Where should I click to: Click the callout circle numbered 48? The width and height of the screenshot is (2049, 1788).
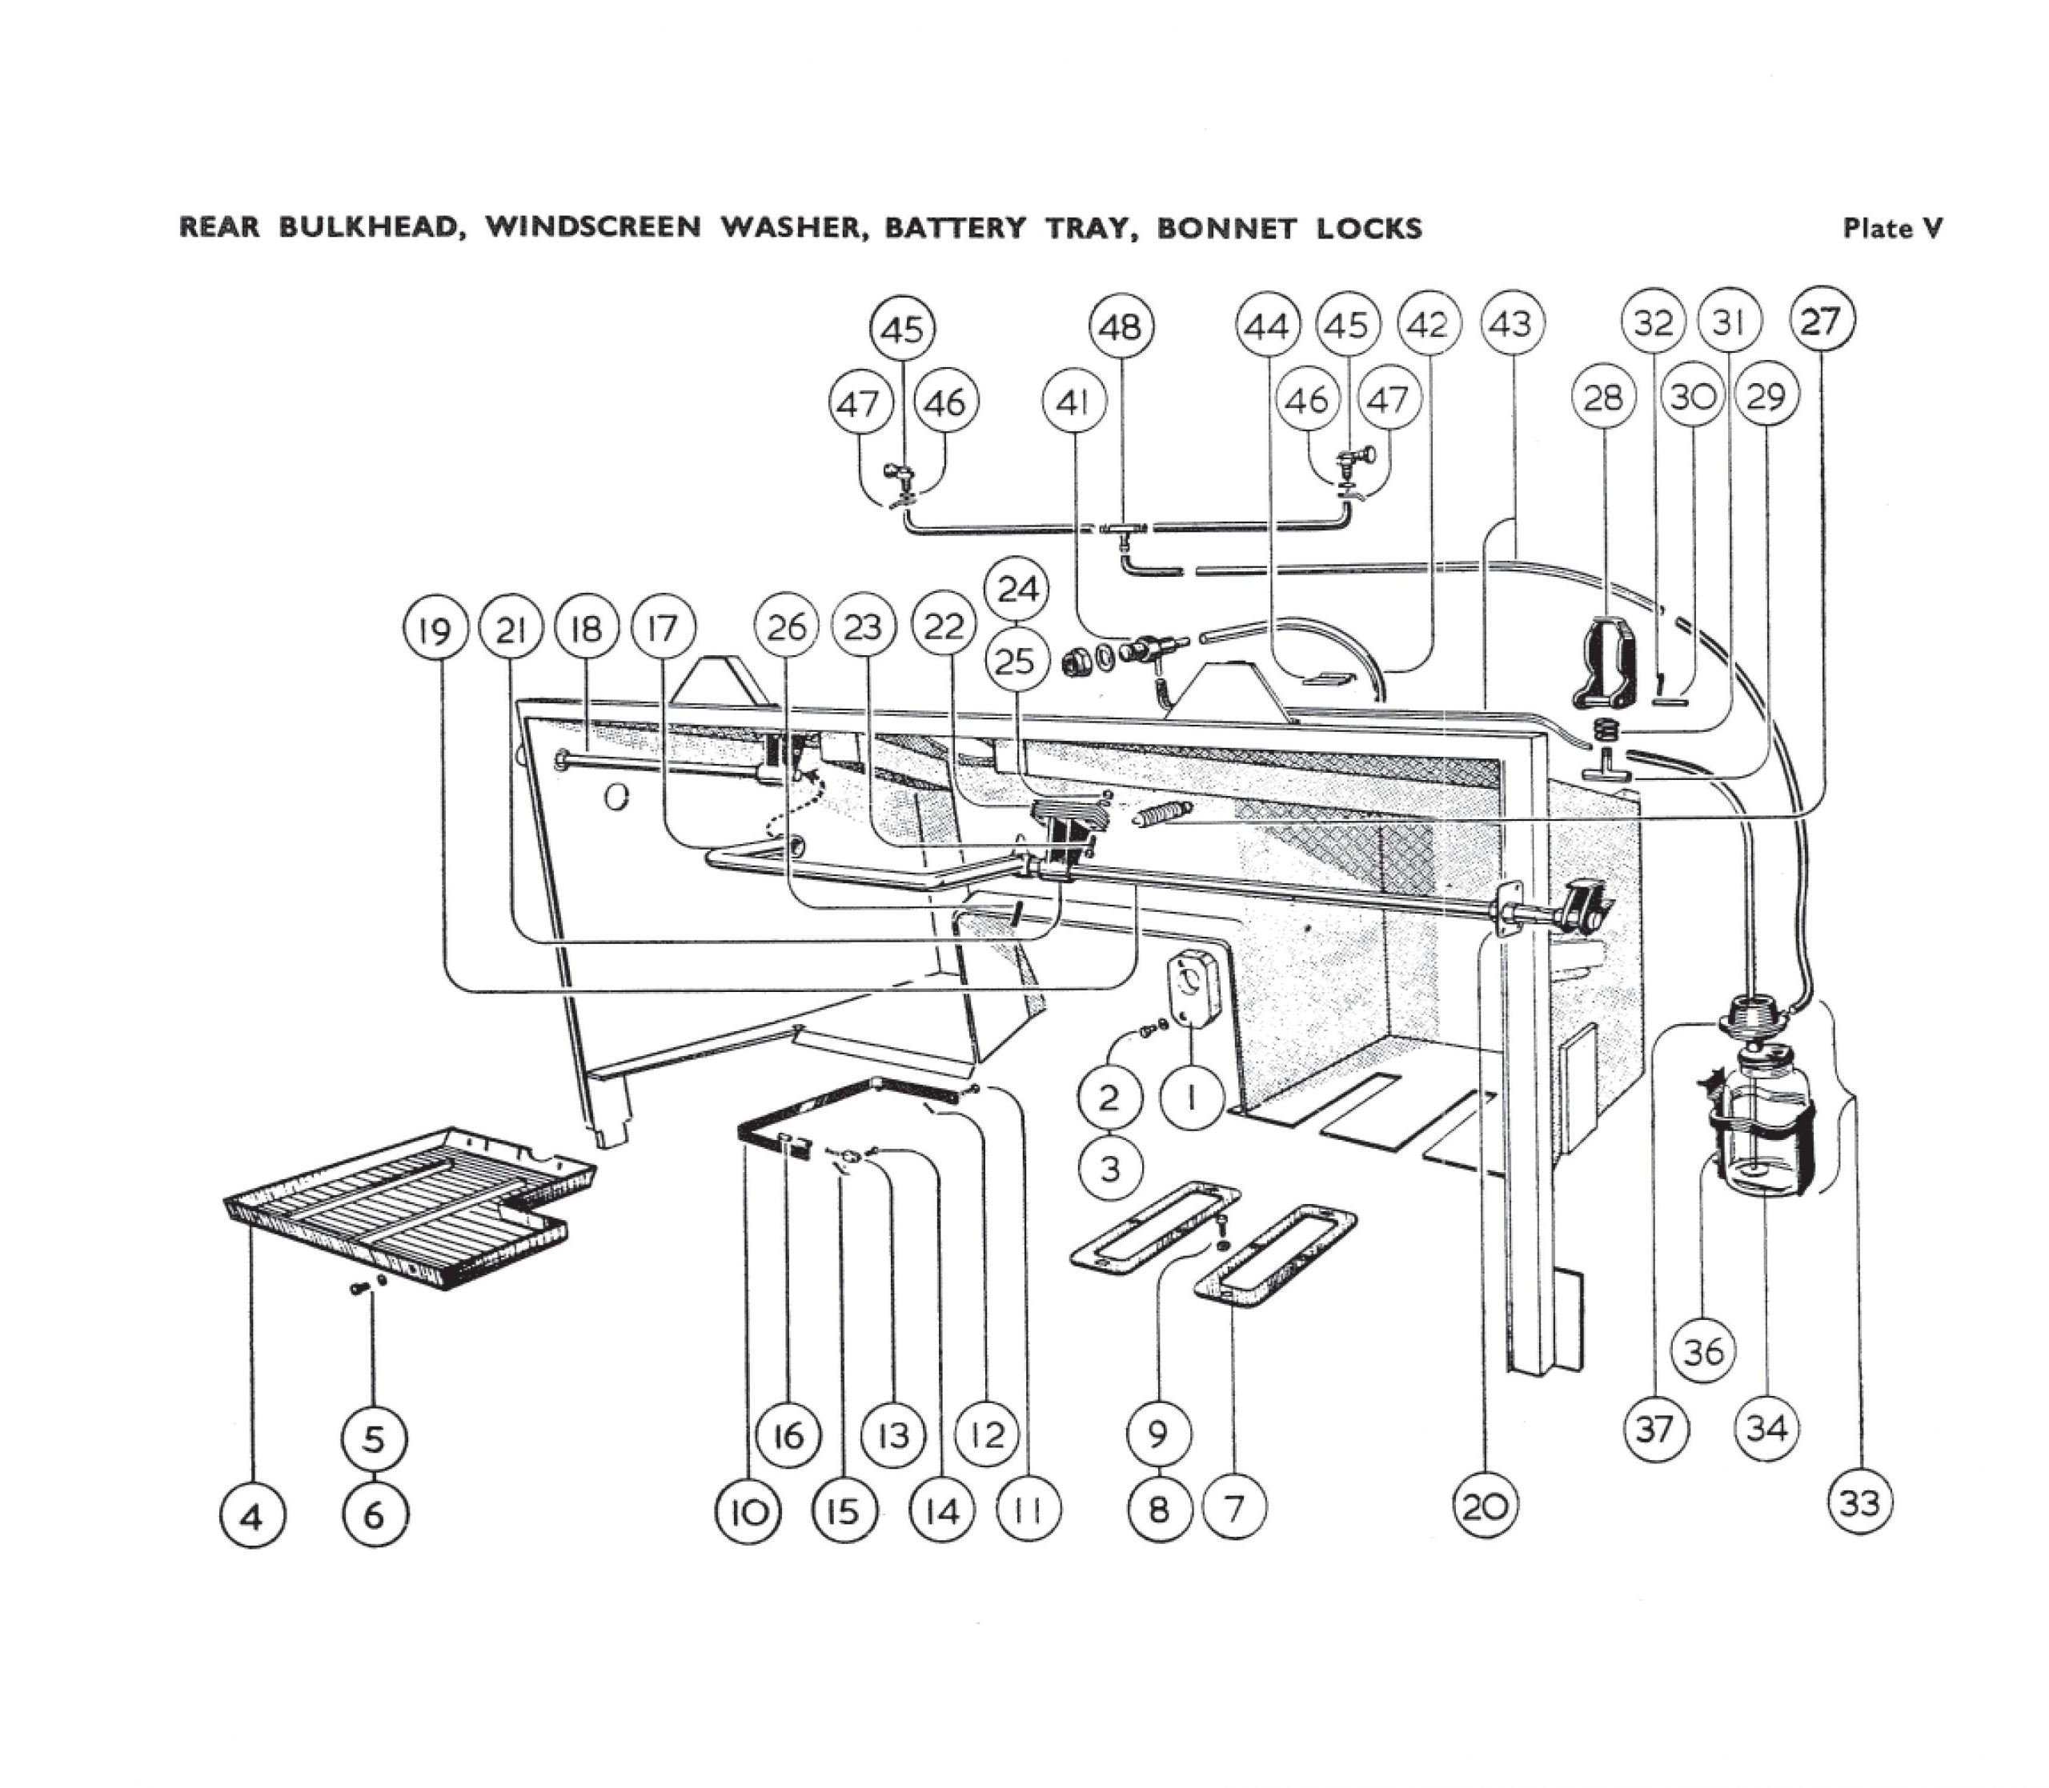tap(1121, 326)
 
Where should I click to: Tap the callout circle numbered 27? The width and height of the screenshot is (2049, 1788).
tap(1822, 320)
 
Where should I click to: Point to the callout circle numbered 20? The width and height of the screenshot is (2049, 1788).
tap(1485, 1506)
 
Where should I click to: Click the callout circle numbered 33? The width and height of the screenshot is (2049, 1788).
tap(1860, 1502)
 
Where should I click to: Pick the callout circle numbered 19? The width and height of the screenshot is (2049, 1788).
tap(435, 630)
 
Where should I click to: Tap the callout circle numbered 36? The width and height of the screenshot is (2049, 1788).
tap(1704, 1352)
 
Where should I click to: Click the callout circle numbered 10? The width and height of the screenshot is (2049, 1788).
tap(748, 1513)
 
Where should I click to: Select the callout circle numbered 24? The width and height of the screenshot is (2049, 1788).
tap(1017, 589)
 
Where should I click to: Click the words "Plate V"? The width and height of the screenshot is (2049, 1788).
tap(1891, 229)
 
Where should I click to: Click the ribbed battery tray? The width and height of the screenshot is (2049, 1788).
tap(409, 1207)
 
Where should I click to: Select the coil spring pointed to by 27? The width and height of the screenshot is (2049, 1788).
tap(1161, 814)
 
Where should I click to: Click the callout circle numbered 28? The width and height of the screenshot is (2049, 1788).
tap(1604, 398)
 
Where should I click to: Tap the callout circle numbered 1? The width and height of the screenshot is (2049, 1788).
tap(1193, 1097)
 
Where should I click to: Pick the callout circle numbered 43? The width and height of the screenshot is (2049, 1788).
tap(1512, 323)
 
